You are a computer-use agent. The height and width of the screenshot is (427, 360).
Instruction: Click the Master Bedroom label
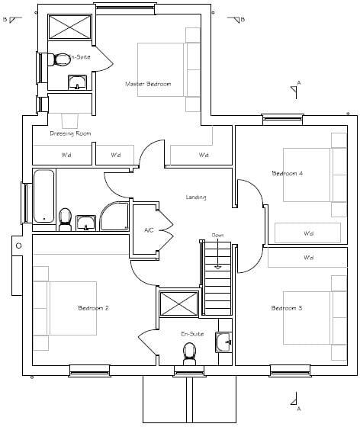(148, 83)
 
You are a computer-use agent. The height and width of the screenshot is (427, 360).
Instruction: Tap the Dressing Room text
(71, 133)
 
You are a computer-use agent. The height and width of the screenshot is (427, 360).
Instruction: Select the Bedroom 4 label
(288, 174)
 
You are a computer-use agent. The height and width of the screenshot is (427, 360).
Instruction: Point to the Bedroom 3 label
(287, 308)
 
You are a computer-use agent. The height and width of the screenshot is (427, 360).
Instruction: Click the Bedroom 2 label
(93, 308)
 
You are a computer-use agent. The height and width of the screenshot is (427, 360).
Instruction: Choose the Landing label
(196, 197)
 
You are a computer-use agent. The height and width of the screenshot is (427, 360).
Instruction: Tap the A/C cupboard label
(149, 229)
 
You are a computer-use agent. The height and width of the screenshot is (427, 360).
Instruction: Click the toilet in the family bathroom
(66, 220)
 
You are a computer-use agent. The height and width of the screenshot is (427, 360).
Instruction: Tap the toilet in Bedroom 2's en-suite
(189, 352)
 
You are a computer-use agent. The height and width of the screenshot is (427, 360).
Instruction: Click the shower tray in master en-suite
(69, 28)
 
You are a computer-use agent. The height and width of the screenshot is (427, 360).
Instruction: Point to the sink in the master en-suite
(78, 82)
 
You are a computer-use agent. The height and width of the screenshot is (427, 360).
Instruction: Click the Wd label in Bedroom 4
(308, 233)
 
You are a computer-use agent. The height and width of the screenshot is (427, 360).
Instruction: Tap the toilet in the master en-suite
(53, 59)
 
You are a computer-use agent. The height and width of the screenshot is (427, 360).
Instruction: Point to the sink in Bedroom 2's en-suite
(223, 342)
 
